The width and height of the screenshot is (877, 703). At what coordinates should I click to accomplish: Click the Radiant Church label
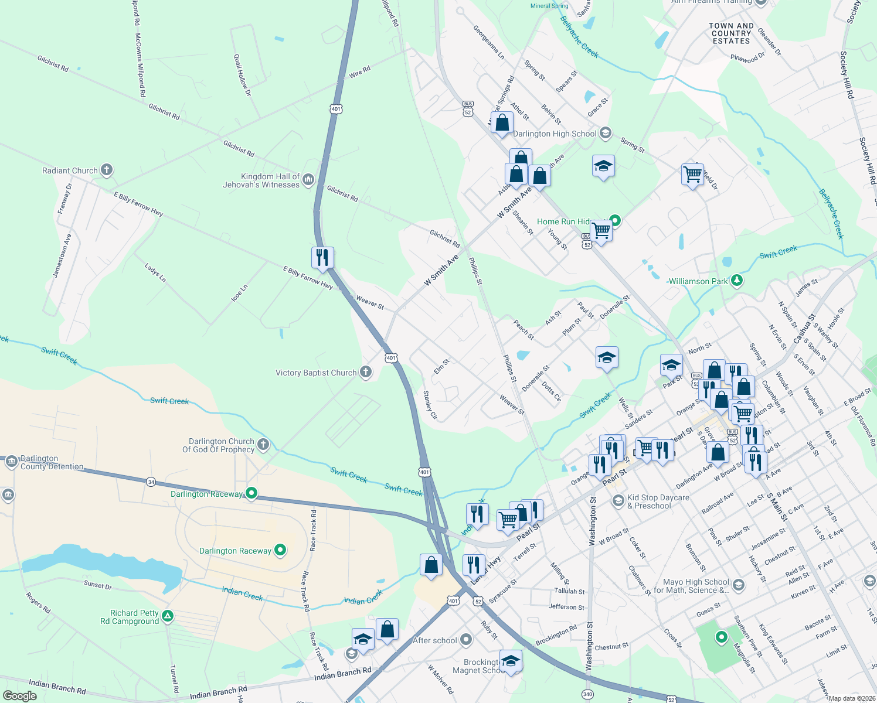coord(70,171)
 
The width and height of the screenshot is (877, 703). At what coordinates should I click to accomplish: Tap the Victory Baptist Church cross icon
coord(365,372)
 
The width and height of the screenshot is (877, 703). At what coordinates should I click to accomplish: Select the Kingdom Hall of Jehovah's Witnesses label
coord(261,180)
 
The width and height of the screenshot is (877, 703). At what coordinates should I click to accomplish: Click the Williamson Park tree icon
coord(737,281)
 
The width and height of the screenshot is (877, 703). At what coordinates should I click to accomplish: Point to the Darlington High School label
coord(555,134)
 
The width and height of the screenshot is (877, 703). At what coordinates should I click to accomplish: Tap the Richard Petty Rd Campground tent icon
coord(168,616)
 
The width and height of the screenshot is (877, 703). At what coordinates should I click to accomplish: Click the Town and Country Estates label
coord(731,33)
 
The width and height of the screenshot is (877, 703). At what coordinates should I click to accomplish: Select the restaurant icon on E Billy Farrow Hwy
coord(322,257)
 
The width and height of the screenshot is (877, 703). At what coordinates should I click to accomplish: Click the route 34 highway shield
coord(151,482)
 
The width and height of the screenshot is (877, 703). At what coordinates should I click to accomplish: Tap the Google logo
coord(20,696)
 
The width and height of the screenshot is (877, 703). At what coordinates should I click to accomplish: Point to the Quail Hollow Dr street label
coord(242,75)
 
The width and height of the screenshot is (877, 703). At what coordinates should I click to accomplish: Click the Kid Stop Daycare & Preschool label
coord(658,501)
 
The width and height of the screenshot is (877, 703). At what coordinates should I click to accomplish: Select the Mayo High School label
coord(692,586)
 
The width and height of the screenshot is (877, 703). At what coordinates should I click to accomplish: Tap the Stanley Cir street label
coord(430,405)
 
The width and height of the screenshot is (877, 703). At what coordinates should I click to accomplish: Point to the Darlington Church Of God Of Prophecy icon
coord(263,444)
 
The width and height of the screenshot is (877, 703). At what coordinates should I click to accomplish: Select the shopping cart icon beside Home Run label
coord(601,230)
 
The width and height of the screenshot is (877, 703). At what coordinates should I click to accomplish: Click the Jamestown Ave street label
coord(62,256)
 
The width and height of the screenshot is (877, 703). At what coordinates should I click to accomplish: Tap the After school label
coord(435,641)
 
